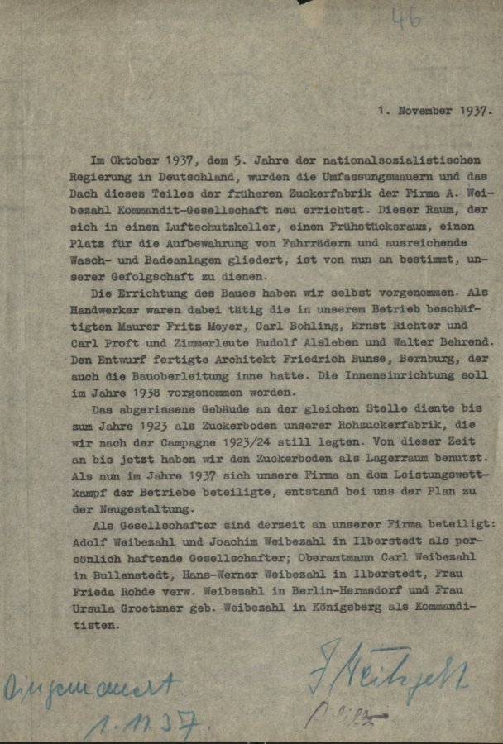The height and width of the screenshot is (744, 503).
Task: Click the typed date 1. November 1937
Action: pos(434,108)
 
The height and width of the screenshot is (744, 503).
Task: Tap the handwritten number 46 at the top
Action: pos(406,18)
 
